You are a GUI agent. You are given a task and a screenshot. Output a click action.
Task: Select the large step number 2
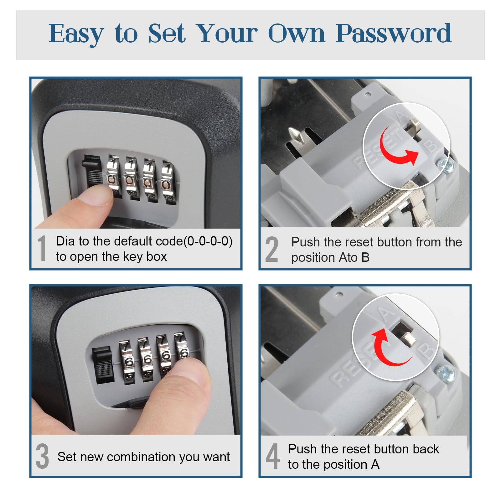[x=271, y=249]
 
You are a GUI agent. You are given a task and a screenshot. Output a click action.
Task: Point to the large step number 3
[x=43, y=456]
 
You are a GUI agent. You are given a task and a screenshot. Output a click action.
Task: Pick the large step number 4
[x=273, y=456]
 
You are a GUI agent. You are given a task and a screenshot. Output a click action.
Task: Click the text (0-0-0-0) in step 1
[x=208, y=241]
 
